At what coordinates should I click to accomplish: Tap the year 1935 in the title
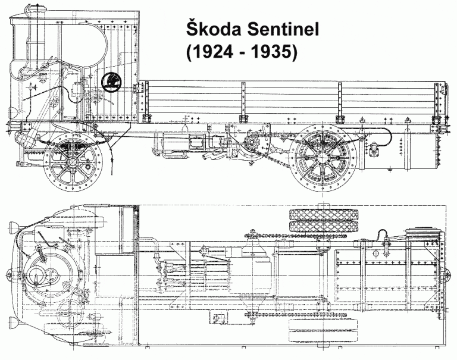point(271,52)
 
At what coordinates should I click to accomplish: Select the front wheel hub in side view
point(73,162)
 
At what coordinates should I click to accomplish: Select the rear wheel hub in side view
point(324,158)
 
